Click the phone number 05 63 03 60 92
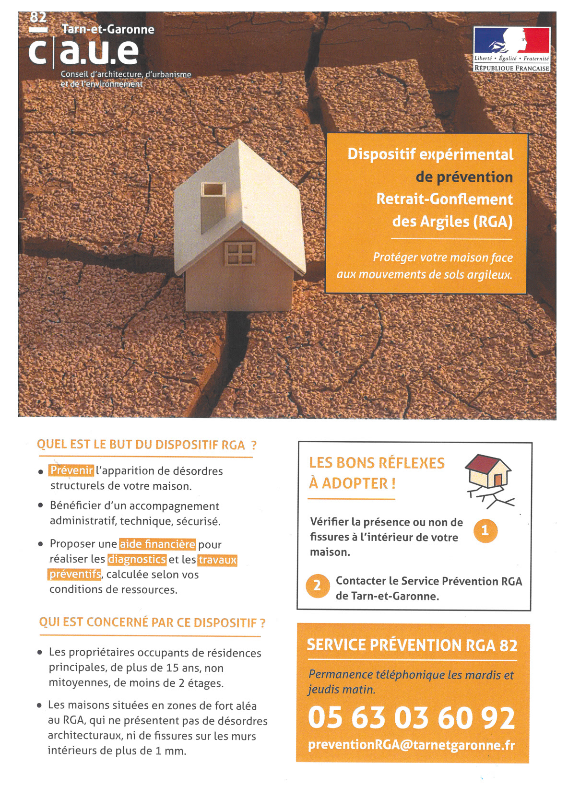point(411,718)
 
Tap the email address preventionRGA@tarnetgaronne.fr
point(411,745)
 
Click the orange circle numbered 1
point(485,530)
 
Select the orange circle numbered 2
point(317,586)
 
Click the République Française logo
point(511,49)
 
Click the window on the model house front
point(239,253)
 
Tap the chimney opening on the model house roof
point(213,189)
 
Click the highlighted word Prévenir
point(71,470)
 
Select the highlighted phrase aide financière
point(157,544)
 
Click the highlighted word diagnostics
point(137,559)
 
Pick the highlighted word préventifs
point(75,574)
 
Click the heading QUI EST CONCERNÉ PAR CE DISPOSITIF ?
point(152,622)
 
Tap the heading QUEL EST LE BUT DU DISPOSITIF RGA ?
point(146,445)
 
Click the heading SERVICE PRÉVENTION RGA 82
point(412,645)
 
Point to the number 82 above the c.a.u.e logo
point(38,18)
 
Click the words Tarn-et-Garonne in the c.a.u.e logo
point(108,29)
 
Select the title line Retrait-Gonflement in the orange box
point(444,199)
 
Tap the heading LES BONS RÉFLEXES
point(377,463)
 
